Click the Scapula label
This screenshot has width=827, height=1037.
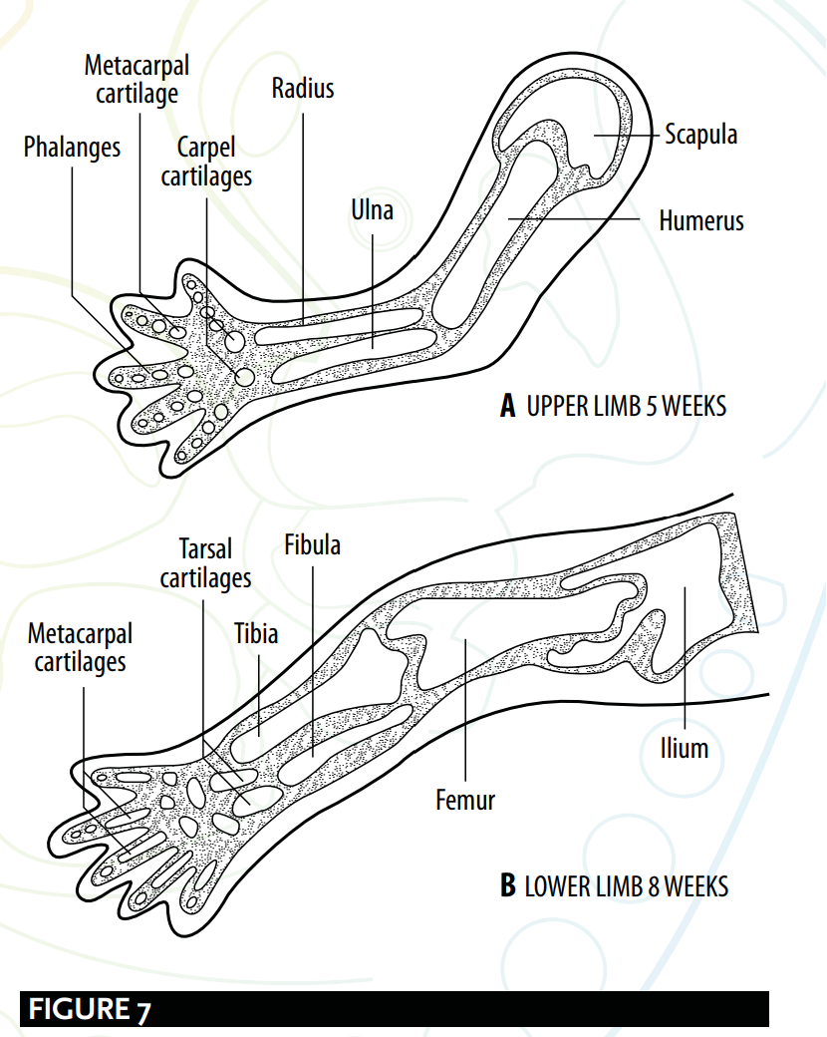[700, 135]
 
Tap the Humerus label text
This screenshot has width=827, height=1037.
[701, 221]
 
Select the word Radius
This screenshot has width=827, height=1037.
[303, 88]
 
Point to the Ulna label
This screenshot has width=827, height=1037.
[373, 210]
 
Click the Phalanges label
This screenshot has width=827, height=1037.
[72, 148]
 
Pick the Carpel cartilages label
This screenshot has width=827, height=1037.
[206, 162]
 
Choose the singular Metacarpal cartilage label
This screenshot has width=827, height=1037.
[137, 80]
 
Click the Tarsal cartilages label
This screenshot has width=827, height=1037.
[205, 563]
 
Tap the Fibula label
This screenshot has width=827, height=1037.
[312, 545]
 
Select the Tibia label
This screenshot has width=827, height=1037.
[256, 634]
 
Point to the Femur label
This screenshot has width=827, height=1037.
[465, 801]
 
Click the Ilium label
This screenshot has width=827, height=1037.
[685, 749]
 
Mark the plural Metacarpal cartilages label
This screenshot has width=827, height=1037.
[80, 648]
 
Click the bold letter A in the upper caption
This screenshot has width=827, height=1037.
[508, 406]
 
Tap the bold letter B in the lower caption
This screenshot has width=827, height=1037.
[508, 886]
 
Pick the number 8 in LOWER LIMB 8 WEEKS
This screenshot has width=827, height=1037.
[654, 886]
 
